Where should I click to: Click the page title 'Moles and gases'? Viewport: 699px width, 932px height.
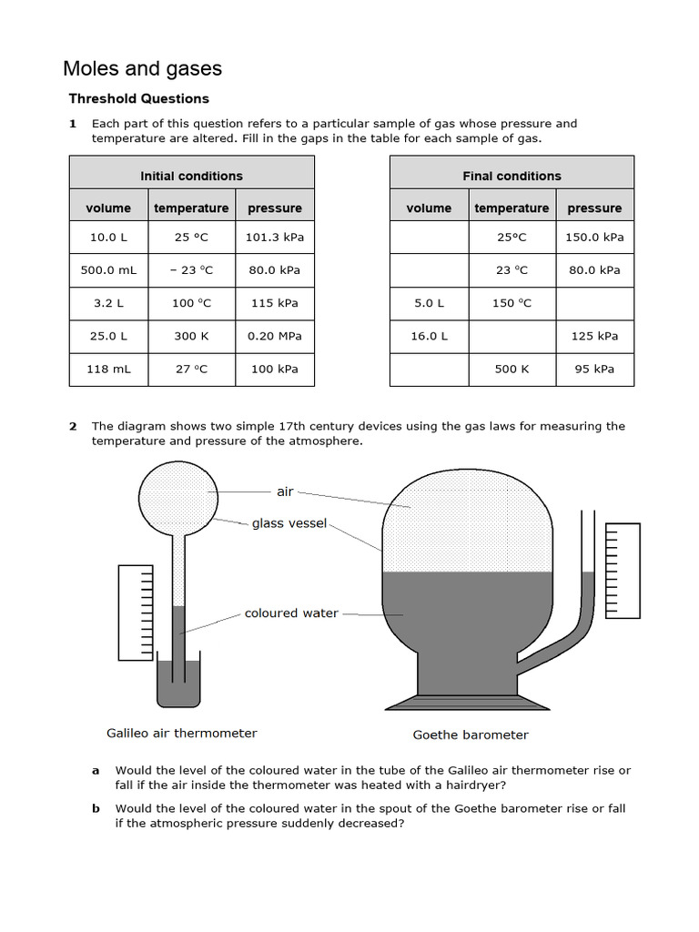click(x=142, y=68)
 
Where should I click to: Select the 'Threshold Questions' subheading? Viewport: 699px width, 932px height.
click(x=138, y=98)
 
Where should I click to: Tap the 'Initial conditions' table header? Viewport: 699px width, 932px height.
click(x=191, y=176)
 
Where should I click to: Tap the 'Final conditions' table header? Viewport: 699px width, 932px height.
click(x=512, y=176)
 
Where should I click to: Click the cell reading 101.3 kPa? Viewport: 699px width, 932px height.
click(x=275, y=238)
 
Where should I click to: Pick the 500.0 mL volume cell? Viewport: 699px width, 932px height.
click(x=108, y=270)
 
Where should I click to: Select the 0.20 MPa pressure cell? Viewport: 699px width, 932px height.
click(x=275, y=336)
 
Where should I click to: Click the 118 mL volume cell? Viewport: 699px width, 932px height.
click(x=108, y=369)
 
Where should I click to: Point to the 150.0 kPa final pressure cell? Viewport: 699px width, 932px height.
click(x=594, y=238)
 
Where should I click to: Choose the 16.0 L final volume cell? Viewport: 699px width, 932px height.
click(x=429, y=336)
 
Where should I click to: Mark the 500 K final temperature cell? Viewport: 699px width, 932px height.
click(x=512, y=369)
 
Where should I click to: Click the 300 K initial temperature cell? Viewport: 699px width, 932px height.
click(x=191, y=336)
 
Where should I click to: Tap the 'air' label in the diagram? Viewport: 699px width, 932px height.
click(x=285, y=491)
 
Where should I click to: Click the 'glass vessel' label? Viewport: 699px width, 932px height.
click(x=289, y=523)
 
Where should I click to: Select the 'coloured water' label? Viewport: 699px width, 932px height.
click(x=291, y=613)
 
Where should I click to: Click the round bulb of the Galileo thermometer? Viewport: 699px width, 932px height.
click(x=178, y=492)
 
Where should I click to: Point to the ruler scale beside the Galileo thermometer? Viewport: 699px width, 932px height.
click(x=134, y=612)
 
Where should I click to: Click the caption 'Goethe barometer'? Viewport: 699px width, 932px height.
click(x=471, y=734)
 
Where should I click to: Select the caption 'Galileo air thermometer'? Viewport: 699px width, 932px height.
click(x=182, y=733)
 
